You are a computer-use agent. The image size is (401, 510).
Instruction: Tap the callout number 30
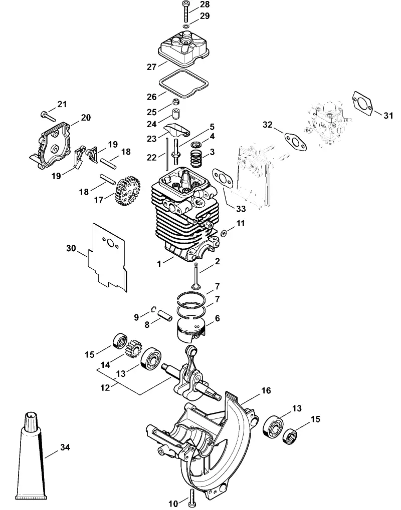click(x=71, y=249)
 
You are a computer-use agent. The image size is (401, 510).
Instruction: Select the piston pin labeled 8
click(x=165, y=315)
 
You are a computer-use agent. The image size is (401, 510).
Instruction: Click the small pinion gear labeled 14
click(x=133, y=348)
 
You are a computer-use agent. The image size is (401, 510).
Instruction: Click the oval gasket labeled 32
click(x=296, y=142)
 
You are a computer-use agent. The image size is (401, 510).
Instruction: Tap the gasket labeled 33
click(x=223, y=179)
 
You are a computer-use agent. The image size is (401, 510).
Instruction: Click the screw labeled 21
click(x=48, y=115)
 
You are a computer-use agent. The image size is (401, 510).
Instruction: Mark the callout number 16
click(x=266, y=390)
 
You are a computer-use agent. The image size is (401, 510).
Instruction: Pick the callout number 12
click(x=105, y=388)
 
